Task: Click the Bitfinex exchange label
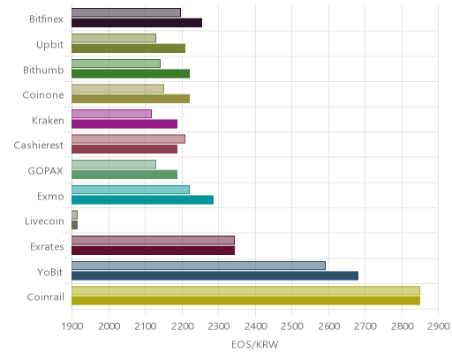coord(46,19)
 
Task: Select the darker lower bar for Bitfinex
coord(137,23)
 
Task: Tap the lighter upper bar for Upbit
coord(114,38)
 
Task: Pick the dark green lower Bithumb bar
coord(131,73)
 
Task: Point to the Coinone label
coord(43,95)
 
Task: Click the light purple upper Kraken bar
coord(111,114)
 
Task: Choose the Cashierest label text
coord(39,146)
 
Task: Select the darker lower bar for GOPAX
coord(124,175)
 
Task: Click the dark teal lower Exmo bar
coord(142,200)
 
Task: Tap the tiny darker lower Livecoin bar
coord(75,225)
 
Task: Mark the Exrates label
coord(47,247)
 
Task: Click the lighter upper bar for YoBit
coord(199,266)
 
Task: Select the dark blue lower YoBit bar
coord(215,276)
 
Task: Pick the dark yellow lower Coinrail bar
coord(245,301)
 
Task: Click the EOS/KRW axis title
coord(255,344)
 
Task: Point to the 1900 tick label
coord(72,326)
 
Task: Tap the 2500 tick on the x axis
coord(292,326)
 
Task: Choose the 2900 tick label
coord(439,326)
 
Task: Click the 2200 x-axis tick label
coord(182,326)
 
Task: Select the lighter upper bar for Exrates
coord(153,240)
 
